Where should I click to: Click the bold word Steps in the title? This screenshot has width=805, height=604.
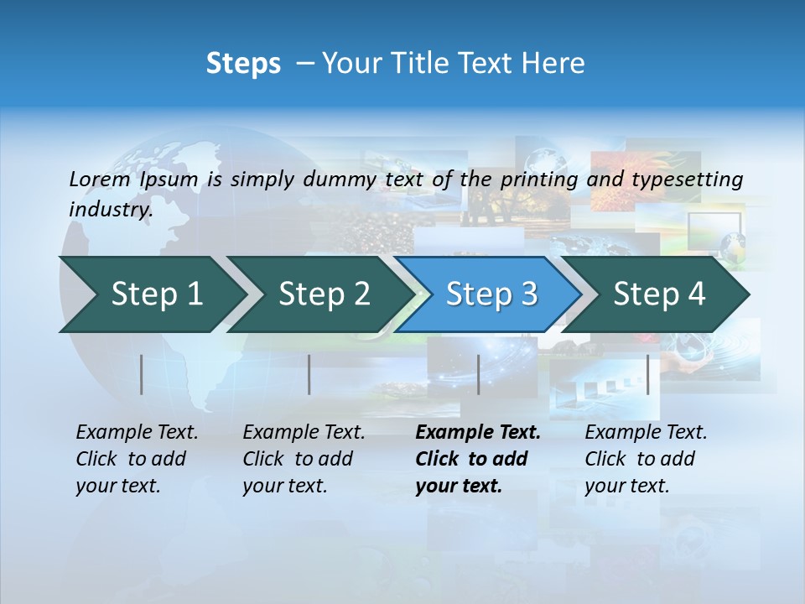point(243,63)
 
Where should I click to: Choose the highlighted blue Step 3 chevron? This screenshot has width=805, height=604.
point(491,294)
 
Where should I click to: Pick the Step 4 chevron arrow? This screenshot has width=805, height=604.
point(659,294)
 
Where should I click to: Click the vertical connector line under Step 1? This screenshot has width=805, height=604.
point(142,374)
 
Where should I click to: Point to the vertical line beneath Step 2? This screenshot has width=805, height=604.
point(309,374)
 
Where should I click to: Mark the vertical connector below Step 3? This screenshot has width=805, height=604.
point(478,374)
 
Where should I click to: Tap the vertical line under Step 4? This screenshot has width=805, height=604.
point(648,374)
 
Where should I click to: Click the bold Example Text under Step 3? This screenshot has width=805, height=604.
point(478,432)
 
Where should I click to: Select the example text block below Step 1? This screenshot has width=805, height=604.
point(137,459)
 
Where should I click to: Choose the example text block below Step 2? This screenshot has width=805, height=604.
point(304,459)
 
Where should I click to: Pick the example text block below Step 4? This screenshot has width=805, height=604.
point(646,459)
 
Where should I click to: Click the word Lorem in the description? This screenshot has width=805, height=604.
point(99,179)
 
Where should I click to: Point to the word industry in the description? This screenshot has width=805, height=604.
point(111,209)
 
